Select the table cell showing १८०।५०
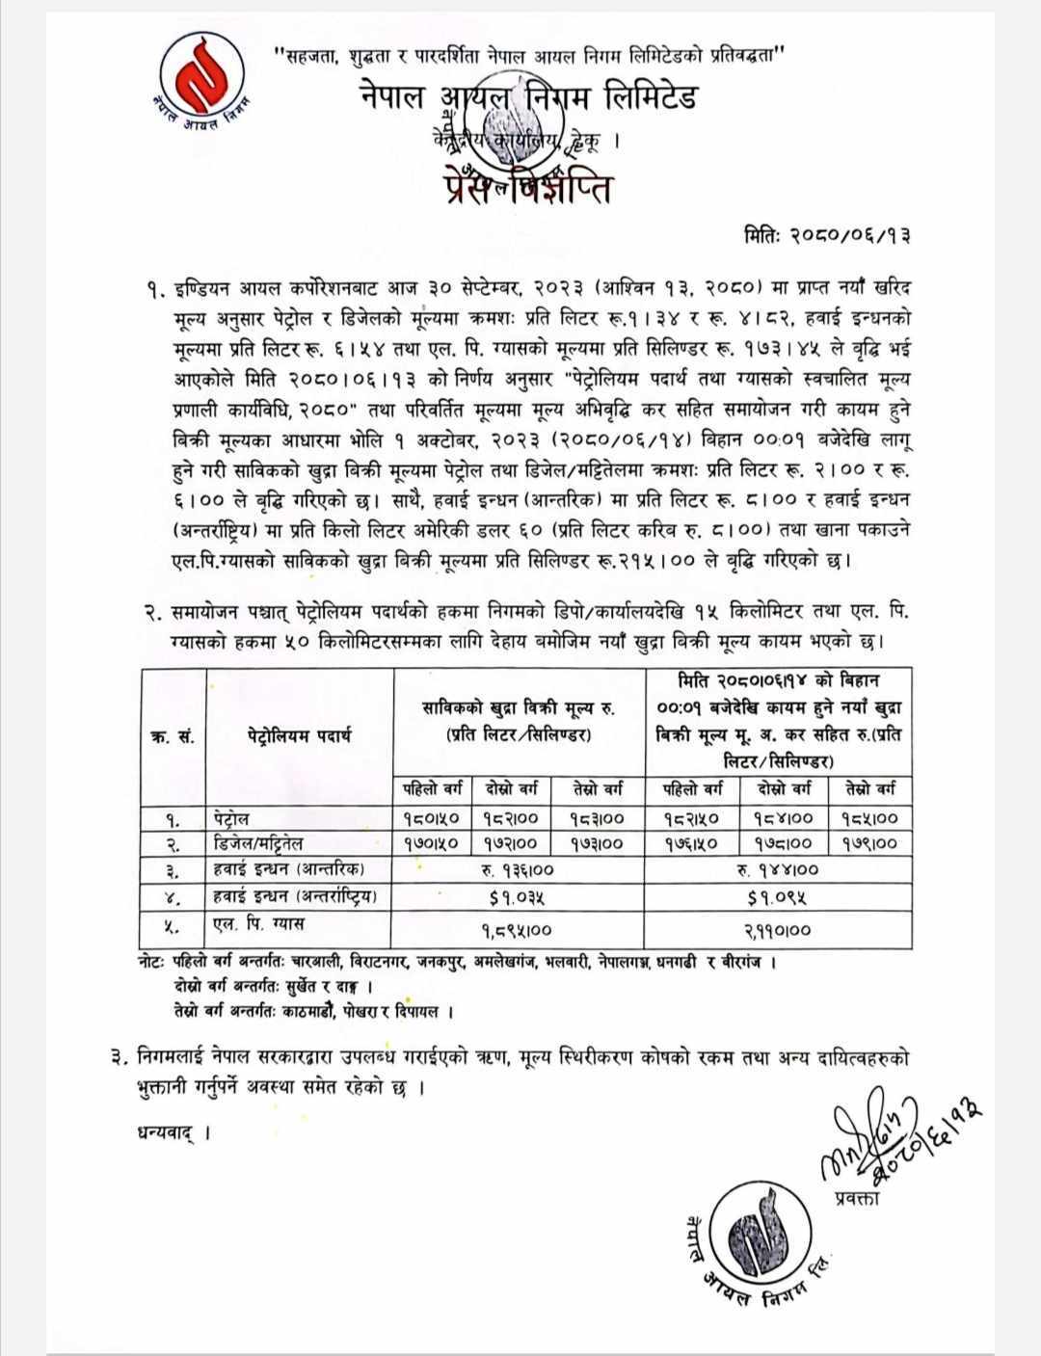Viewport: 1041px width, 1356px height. (431, 819)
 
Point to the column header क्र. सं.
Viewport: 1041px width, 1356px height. (173, 737)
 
